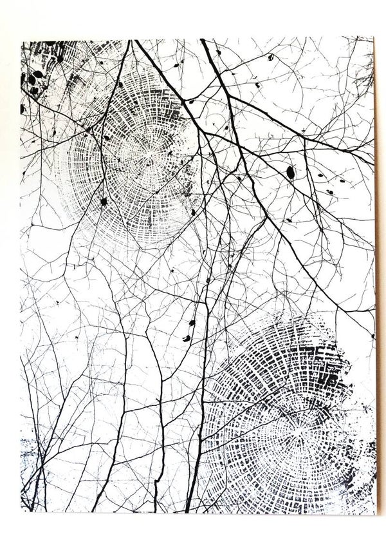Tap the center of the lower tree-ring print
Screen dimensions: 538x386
[297, 426]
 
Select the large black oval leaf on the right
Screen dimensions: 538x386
[290, 171]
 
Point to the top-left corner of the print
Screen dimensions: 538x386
[22, 40]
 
